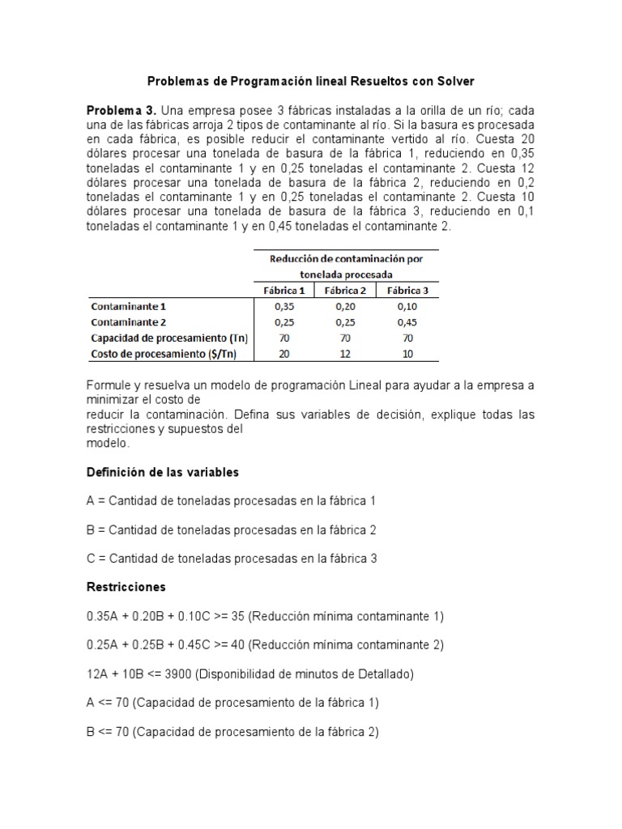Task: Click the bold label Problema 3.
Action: tap(121, 110)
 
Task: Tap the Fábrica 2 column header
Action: tap(346, 291)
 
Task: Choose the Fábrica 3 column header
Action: tap(407, 291)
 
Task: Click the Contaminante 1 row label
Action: tap(128, 307)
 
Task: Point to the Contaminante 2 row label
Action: tap(128, 322)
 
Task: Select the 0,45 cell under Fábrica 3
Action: tap(407, 322)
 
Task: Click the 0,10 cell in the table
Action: tap(407, 307)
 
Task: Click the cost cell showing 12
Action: tap(346, 353)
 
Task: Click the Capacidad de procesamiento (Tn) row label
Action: tap(168, 338)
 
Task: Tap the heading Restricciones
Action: tap(126, 587)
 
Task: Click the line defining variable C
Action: tap(232, 559)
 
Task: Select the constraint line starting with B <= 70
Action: tap(232, 732)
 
